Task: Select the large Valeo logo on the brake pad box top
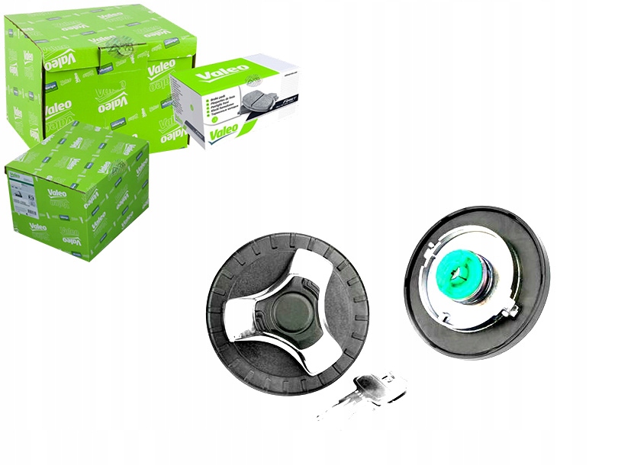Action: coord(223,73)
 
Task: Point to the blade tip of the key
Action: coord(324,412)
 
